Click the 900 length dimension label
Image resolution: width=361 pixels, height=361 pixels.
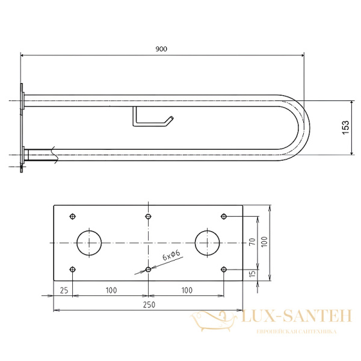point(161,49)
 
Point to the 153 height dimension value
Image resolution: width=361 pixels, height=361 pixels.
point(346,128)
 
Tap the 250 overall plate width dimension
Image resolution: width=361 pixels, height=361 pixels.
point(149,305)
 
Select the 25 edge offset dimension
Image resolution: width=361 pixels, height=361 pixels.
point(64,291)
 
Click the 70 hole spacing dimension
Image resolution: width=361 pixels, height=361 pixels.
point(252,241)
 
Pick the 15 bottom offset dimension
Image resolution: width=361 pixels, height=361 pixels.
point(252,273)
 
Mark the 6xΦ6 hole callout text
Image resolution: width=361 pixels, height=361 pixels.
point(171,255)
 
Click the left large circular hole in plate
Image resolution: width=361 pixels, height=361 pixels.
point(89,243)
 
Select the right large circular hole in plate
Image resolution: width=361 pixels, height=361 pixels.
point(207,243)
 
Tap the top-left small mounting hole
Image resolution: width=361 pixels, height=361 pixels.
point(73,217)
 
